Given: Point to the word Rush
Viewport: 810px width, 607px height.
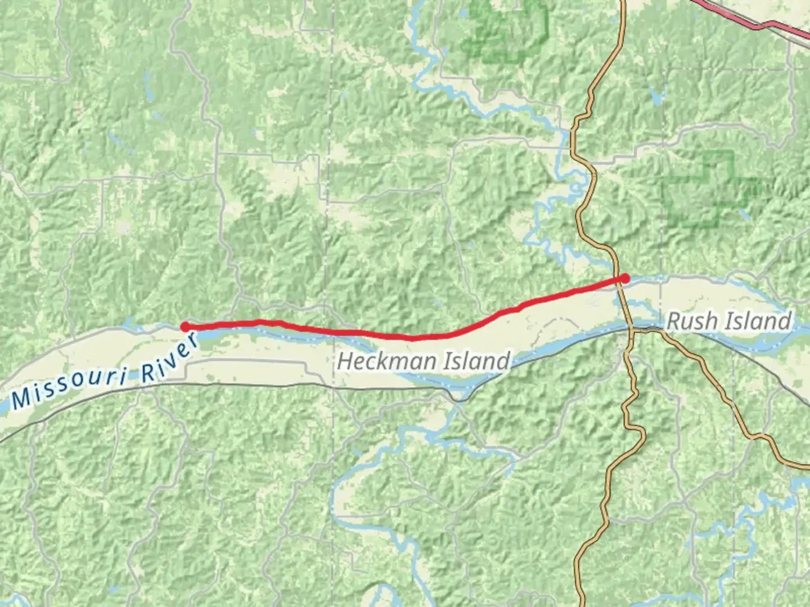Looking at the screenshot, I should pyautogui.click(x=691, y=321).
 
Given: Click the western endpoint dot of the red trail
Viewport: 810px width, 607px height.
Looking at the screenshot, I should pyautogui.click(x=184, y=327).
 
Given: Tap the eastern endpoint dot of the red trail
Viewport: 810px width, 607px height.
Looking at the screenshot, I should pyautogui.click(x=625, y=278).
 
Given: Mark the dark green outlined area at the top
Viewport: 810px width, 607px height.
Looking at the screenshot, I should pyautogui.click(x=506, y=31).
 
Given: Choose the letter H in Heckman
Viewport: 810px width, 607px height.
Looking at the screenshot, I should pyautogui.click(x=345, y=361).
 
